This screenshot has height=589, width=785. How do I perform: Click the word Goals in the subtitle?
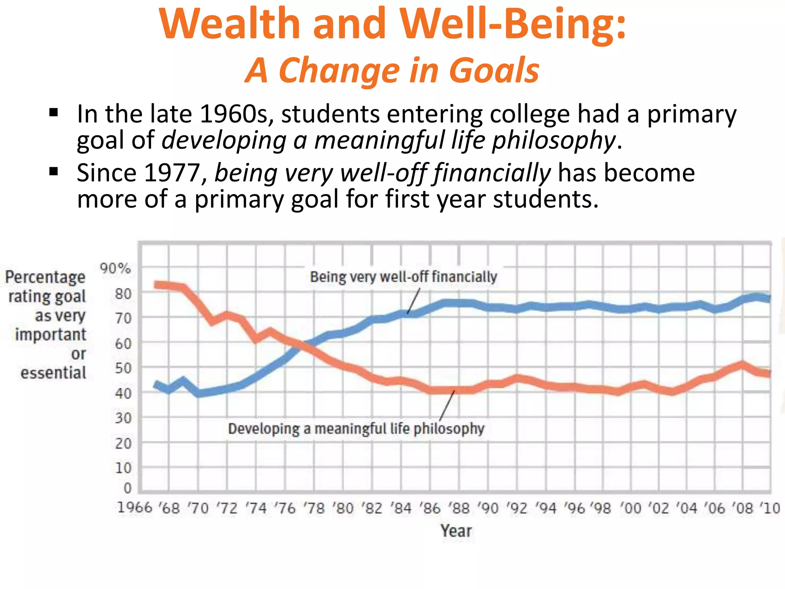(x=494, y=70)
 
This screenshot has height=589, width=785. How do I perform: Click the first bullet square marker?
(x=54, y=113)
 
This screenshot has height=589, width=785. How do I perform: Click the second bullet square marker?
(x=54, y=171)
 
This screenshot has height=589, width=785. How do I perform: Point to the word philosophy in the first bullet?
(x=553, y=140)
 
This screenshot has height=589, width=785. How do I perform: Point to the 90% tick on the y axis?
(x=115, y=268)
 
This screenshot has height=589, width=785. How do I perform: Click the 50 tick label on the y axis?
(x=123, y=369)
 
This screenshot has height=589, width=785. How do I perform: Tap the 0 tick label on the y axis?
(x=128, y=488)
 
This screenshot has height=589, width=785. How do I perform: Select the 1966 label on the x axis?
(x=135, y=508)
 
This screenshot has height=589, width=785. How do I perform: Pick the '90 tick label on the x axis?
(x=488, y=508)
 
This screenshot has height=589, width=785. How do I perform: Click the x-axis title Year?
(x=456, y=531)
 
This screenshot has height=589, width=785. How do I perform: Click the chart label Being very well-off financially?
(x=403, y=277)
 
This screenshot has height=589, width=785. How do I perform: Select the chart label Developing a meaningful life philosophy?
(x=356, y=429)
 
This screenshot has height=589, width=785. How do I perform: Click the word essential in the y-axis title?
(x=53, y=373)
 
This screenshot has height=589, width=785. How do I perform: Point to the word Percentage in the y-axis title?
(x=45, y=277)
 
